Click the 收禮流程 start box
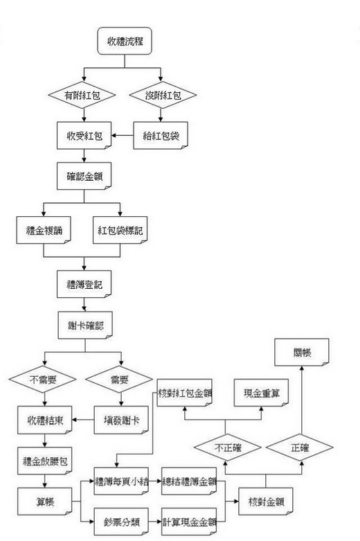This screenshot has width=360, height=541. pyautogui.click(x=125, y=41)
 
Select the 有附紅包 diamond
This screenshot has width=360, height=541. pyautogui.click(x=82, y=95)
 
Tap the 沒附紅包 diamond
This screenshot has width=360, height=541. pyautogui.click(x=163, y=95)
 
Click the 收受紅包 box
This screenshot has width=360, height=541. pyautogui.click(x=84, y=136)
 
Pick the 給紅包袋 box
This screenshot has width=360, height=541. pyautogui.click(x=161, y=136)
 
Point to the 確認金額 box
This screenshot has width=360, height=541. pyautogui.click(x=84, y=177)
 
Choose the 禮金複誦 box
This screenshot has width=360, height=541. pyautogui.click(x=44, y=230)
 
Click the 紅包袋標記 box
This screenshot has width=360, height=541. pyautogui.click(x=120, y=230)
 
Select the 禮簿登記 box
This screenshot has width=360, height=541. pyautogui.click(x=84, y=284)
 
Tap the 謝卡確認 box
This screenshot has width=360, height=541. pyautogui.click(x=85, y=325)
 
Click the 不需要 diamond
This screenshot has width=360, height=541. pyautogui.click(x=43, y=380)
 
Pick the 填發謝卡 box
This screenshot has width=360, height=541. pyautogui.click(x=121, y=420)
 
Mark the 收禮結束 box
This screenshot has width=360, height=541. pyautogui.click(x=45, y=420)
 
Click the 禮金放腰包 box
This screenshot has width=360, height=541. pyautogui.click(x=45, y=461)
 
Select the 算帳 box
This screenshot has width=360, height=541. pyautogui.click(x=45, y=502)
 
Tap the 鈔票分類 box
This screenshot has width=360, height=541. pyautogui.click(x=121, y=522)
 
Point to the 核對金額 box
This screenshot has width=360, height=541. pyautogui.click(x=266, y=502)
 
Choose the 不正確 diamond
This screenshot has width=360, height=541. pyautogui.click(x=228, y=447)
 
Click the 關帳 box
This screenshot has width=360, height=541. pyautogui.click(x=302, y=353)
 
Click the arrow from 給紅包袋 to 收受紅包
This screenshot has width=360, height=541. pyautogui.click(x=123, y=136)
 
